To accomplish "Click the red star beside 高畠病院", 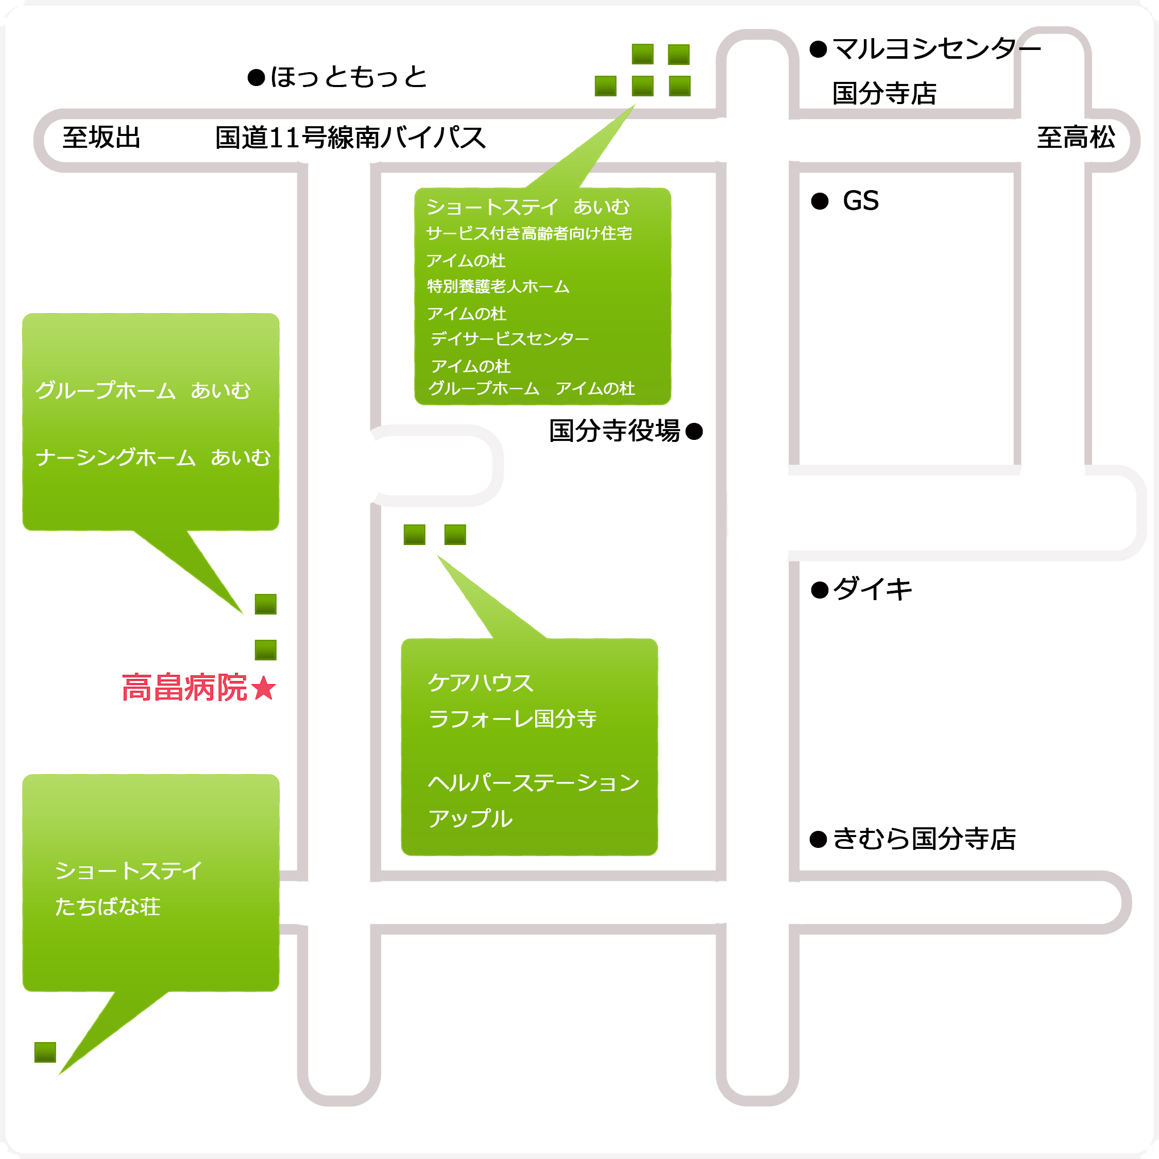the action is click(x=264, y=688).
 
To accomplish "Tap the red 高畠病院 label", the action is click(x=184, y=688).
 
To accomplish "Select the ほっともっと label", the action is click(x=349, y=77).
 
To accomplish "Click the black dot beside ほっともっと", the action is click(x=256, y=78).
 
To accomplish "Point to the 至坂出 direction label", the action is click(x=101, y=138).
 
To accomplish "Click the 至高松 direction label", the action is click(x=1076, y=138).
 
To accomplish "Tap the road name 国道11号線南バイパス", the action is click(x=350, y=138).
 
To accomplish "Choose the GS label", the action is click(x=861, y=201).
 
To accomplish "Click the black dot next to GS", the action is click(x=820, y=201).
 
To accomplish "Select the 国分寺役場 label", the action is click(x=615, y=431).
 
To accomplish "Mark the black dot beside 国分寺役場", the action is click(x=694, y=431).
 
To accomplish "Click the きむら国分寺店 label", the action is click(x=925, y=839).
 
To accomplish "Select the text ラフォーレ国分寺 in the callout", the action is click(x=513, y=719).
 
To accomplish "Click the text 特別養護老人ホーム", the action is click(x=498, y=287).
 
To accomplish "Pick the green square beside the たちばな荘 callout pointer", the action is click(x=45, y=1052).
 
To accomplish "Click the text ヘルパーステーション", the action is click(x=534, y=783).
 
